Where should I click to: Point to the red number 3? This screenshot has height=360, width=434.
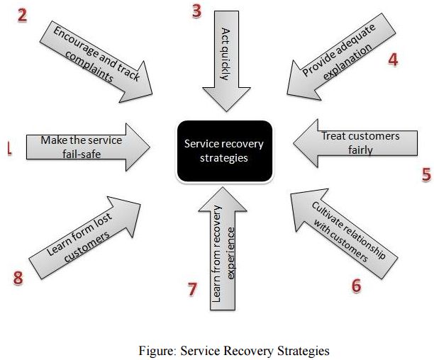coord(197,12)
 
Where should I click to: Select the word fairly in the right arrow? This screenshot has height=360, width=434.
coord(361,150)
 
